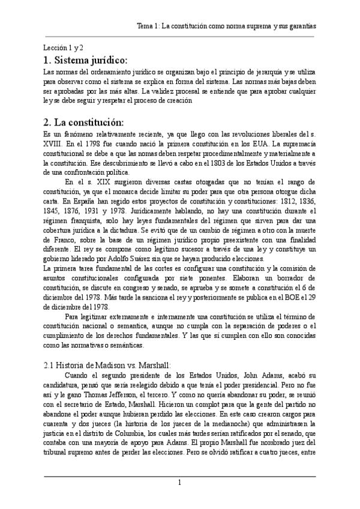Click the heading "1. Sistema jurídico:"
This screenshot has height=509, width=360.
pyautogui.click(x=86, y=61)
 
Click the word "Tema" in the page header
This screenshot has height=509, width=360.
pyautogui.click(x=146, y=27)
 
